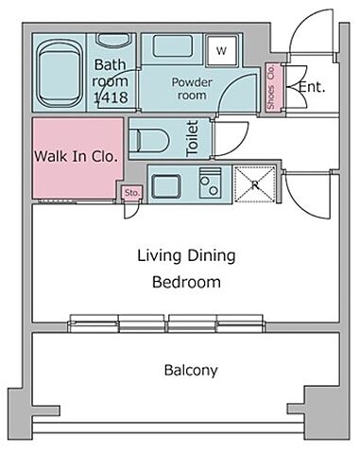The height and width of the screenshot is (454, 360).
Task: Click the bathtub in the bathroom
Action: pyautogui.click(x=59, y=75)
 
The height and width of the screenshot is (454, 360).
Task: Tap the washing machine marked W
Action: pyautogui.click(x=221, y=50)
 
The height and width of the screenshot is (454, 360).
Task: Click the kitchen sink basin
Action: pyautogui.click(x=166, y=186)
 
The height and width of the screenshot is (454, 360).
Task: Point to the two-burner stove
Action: pyautogui.click(x=210, y=183)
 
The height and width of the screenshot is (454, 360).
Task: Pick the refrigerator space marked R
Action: pyautogui.click(x=255, y=184)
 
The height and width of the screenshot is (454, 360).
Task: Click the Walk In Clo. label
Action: pyautogui.click(x=76, y=156)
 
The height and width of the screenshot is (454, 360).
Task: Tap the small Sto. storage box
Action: pyautogui.click(x=132, y=193)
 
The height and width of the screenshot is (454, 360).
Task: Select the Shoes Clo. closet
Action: pyautogui.click(x=271, y=86)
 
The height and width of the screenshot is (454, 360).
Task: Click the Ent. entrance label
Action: pyautogui.click(x=312, y=87)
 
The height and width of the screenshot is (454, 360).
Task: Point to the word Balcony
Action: pyautogui.click(x=191, y=370)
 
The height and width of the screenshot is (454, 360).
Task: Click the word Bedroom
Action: pyautogui.click(x=186, y=282)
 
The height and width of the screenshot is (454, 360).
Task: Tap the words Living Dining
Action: pyautogui.click(x=186, y=255)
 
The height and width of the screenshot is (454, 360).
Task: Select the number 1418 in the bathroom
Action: pyautogui.click(x=111, y=97)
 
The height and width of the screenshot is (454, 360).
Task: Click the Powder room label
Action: pyautogui.click(x=192, y=89)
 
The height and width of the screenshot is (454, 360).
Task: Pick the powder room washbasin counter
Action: pyautogui.click(x=173, y=46)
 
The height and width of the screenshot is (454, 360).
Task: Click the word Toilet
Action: pyautogui.click(x=193, y=138)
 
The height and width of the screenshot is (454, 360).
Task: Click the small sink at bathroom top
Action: pyautogui.click(x=112, y=41)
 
